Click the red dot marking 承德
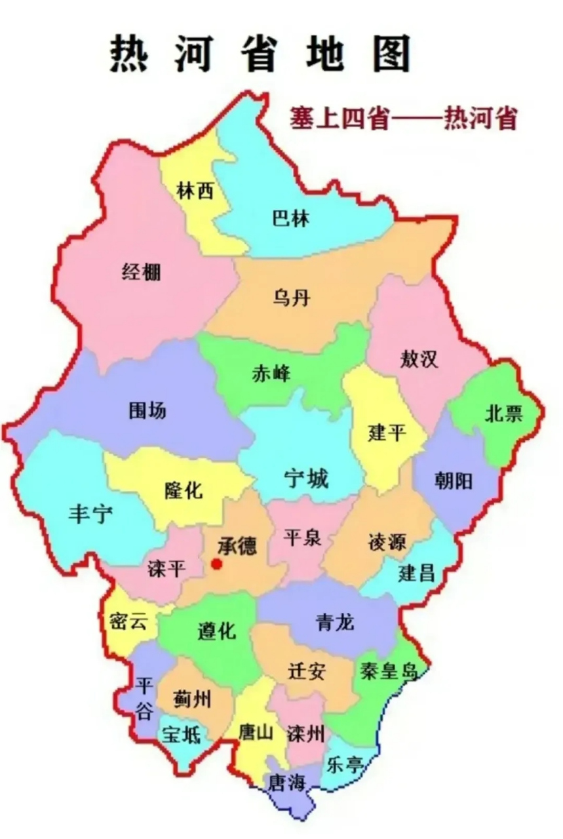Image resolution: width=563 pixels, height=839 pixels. click(217, 564)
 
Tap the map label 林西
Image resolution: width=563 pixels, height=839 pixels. click(195, 191)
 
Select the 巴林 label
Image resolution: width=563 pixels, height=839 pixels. click(290, 218)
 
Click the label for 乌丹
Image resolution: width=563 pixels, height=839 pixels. click(290, 299)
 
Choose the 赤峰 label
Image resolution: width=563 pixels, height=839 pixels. click(271, 374)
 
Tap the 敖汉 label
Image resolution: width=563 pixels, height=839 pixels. click(419, 359)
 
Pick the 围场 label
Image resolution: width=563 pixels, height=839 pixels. click(147, 411)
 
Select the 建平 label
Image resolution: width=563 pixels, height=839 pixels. click(388, 433)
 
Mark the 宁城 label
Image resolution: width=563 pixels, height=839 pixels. click(306, 479)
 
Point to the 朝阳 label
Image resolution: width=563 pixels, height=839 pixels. click(453, 482)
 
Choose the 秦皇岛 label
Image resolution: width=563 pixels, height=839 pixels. click(389, 671)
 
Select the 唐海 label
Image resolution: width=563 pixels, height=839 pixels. click(287, 782)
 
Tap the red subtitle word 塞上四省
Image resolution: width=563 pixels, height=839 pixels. click(340, 119)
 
